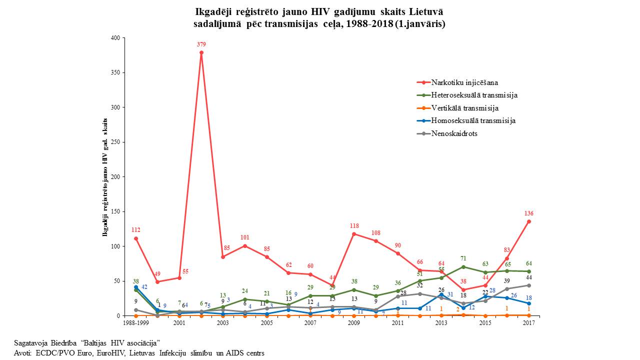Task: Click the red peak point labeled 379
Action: [x=201, y=52]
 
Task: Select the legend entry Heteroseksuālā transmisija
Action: [x=474, y=95]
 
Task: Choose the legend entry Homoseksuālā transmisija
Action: [x=473, y=120]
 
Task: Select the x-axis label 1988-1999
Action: [x=135, y=323]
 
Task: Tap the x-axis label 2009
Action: [x=354, y=323]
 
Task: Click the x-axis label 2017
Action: [x=528, y=323]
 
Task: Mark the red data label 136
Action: [x=528, y=213]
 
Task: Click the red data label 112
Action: [x=135, y=230]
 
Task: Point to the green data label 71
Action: [x=463, y=258]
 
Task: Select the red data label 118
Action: [x=354, y=226]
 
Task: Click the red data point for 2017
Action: [x=528, y=221]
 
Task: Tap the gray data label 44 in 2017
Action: [x=528, y=277]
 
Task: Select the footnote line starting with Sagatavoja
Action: [x=87, y=343]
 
